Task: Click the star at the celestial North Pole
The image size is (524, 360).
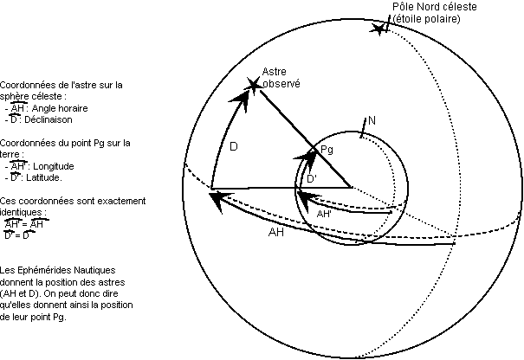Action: coord(378,29)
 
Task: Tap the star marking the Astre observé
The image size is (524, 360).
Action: coord(253,84)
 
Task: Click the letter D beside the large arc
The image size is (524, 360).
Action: coord(234,147)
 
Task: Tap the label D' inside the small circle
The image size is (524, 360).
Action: coord(312,178)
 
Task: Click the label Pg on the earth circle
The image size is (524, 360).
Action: coord(327,151)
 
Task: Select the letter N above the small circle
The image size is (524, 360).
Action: coord(372,119)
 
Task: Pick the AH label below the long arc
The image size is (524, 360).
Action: coord(276,232)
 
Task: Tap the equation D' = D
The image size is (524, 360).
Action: coord(19,234)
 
